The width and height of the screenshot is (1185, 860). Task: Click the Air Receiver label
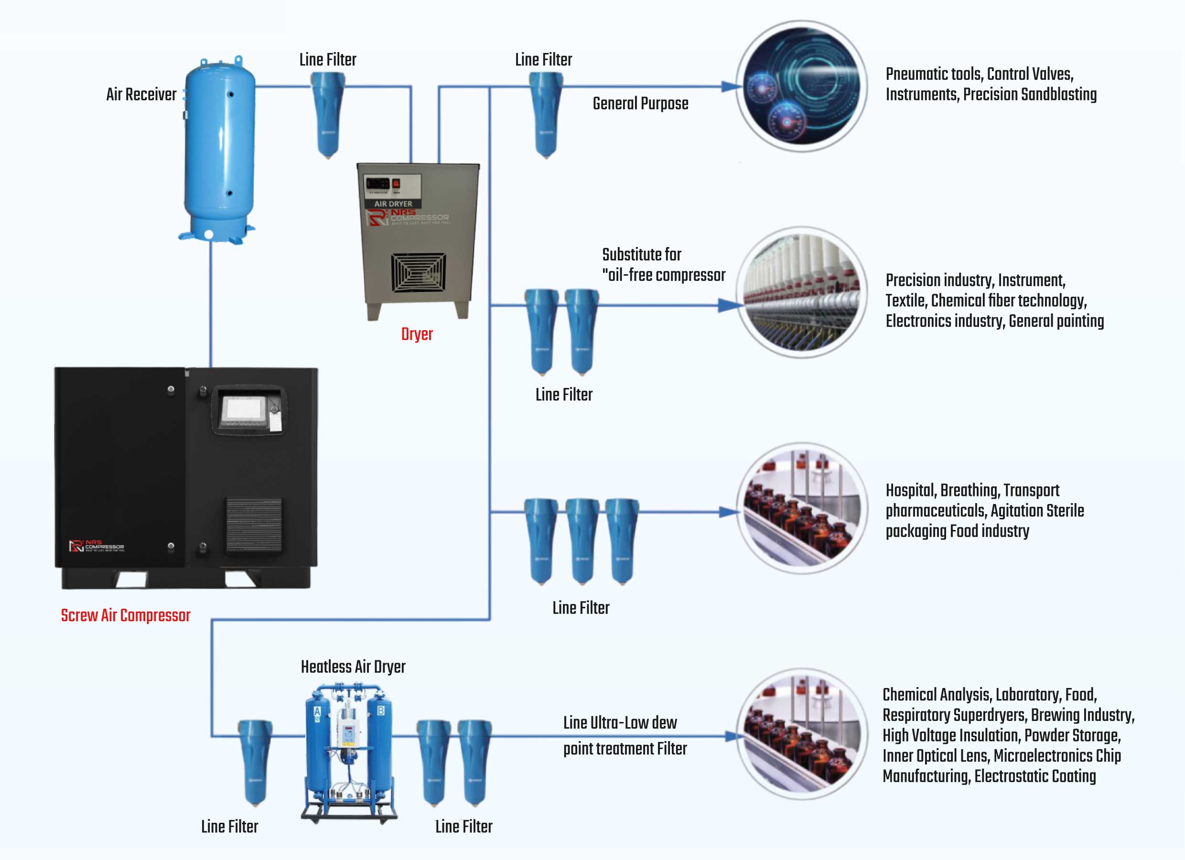(x=141, y=95)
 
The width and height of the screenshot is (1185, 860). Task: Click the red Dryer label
(x=416, y=334)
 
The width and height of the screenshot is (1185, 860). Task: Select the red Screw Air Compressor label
(x=125, y=615)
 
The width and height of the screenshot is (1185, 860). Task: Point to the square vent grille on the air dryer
(x=419, y=273)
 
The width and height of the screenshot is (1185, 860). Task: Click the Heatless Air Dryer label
(x=353, y=666)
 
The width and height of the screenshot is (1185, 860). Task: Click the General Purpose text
(x=640, y=104)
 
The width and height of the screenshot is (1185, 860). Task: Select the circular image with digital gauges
(x=801, y=86)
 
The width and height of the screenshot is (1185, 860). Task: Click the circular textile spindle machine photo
(x=801, y=292)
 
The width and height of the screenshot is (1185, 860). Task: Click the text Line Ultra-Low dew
(x=620, y=722)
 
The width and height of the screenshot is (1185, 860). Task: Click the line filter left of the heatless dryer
(x=255, y=763)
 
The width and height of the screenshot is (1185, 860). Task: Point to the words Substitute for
(x=642, y=255)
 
